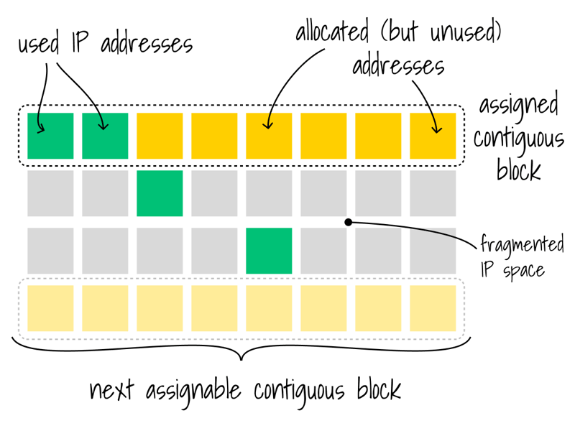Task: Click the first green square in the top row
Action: click(50, 136)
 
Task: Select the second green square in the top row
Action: click(105, 136)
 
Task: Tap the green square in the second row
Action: click(160, 193)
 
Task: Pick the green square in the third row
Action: click(269, 251)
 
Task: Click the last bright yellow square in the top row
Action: click(433, 136)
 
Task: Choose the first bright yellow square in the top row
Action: click(160, 136)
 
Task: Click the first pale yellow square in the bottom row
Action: click(50, 308)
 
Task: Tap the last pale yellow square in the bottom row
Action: click(433, 308)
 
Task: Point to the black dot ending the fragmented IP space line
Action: click(348, 222)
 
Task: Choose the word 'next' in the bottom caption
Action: click(114, 391)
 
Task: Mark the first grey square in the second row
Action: click(50, 193)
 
